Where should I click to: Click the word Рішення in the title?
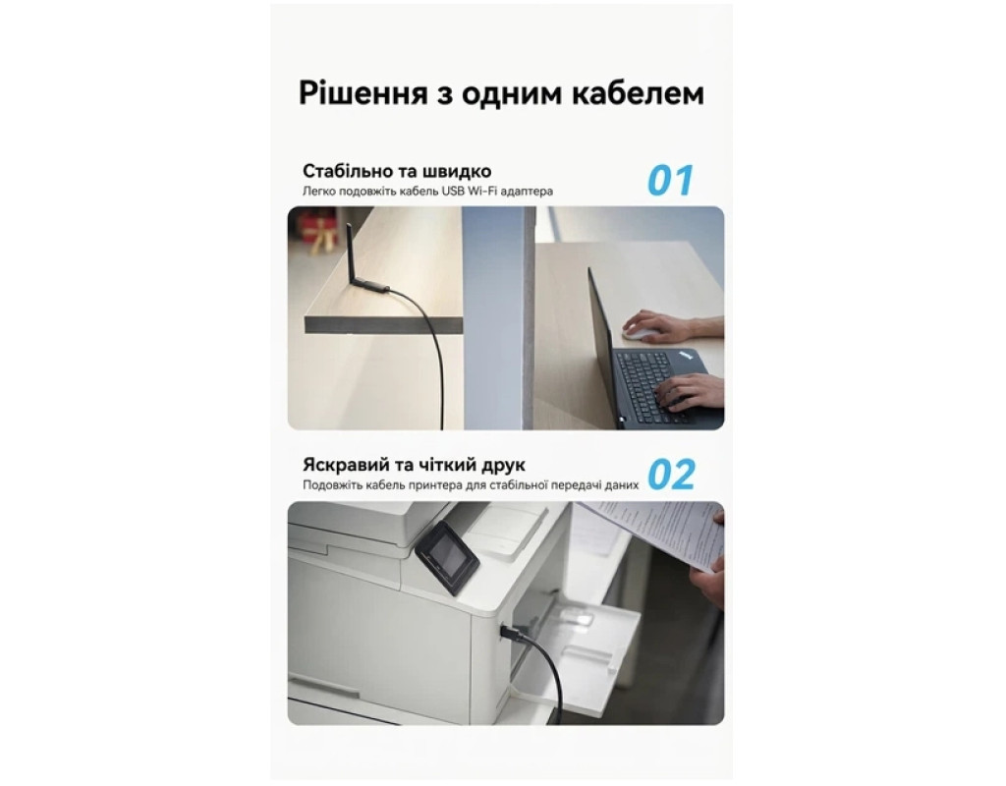(363, 93)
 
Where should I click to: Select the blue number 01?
(670, 181)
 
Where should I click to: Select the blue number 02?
(671, 475)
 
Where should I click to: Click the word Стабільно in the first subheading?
(345, 171)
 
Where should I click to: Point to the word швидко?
(457, 171)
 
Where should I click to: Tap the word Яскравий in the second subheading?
(343, 465)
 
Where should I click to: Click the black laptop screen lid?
(603, 347)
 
